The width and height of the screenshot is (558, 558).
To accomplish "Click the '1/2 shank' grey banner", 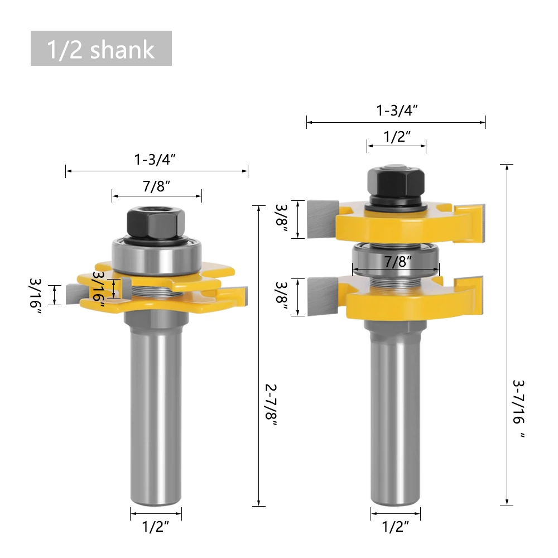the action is click(x=101, y=49).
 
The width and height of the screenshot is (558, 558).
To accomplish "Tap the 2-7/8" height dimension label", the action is click(x=271, y=405).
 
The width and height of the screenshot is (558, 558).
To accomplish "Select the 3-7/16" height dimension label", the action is click(x=519, y=408).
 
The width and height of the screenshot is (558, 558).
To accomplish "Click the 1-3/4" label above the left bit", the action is click(x=155, y=159).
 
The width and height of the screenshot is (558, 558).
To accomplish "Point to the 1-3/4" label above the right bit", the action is click(x=397, y=110).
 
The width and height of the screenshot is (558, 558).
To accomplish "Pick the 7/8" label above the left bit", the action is click(x=157, y=186).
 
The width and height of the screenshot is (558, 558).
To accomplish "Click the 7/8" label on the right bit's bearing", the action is click(x=397, y=262).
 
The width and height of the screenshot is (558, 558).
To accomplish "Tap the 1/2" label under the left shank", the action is click(x=156, y=527).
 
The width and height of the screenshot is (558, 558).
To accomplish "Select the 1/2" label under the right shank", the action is click(x=396, y=527).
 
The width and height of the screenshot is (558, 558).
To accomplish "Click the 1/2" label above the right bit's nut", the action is click(x=397, y=137).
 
